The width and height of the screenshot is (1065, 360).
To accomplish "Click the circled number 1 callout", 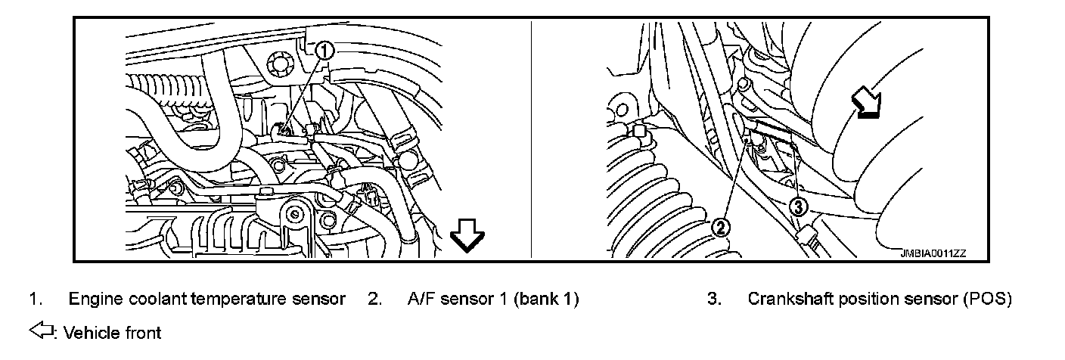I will tap(324, 51).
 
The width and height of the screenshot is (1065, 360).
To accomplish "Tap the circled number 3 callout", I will tap(800, 205).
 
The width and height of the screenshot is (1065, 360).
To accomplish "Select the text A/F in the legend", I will tap(420, 299).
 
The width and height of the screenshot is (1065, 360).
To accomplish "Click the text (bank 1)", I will tap(547, 299).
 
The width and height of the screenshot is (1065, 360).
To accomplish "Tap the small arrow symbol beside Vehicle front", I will tap(41, 331).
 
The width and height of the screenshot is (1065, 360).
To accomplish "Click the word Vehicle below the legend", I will tap(89, 332).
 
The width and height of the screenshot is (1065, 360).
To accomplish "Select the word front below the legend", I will tap(141, 332).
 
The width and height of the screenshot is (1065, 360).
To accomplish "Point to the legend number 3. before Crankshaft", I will tap(713, 299).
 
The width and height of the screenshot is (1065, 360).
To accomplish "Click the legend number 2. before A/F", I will tap(374, 299).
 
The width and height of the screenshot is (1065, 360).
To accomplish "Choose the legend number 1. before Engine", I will tap(35, 299).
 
